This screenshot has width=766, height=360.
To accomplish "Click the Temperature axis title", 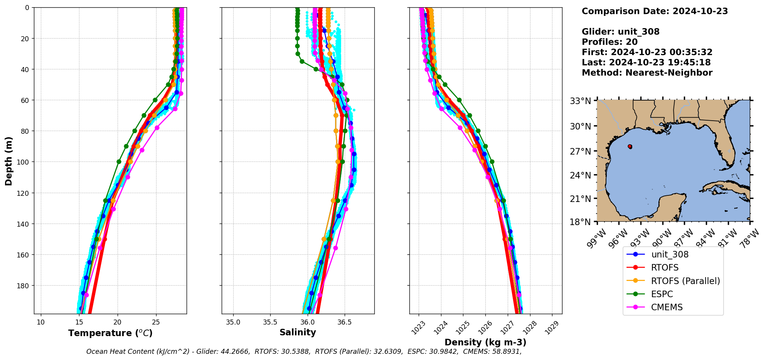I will pyautogui.click(x=110, y=333).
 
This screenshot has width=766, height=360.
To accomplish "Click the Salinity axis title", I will pyautogui.click(x=298, y=333).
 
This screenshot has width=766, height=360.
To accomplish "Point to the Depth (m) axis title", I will pyautogui.click(x=9, y=161).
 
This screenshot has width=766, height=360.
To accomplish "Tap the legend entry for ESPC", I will pyautogui.click(x=662, y=294).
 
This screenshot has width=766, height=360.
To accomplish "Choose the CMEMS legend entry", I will pyautogui.click(x=667, y=307).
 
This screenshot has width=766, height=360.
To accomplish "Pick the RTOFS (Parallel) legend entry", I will pyautogui.click(x=685, y=281).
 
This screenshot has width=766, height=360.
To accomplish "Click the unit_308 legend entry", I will pyautogui.click(x=670, y=254).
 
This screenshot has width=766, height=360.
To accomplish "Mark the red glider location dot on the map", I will pyautogui.click(x=630, y=146).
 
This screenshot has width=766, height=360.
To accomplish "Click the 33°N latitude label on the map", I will pyautogui.click(x=580, y=101).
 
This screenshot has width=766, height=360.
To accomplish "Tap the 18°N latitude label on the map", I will pyautogui.click(x=580, y=222).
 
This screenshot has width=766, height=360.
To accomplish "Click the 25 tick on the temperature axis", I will pyautogui.click(x=156, y=322).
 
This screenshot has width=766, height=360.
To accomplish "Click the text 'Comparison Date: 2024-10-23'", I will pyautogui.click(x=655, y=11).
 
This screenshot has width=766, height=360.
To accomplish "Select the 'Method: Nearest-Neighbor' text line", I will pyautogui.click(x=647, y=73).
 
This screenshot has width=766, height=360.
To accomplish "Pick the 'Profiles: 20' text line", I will pyautogui.click(x=609, y=42).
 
